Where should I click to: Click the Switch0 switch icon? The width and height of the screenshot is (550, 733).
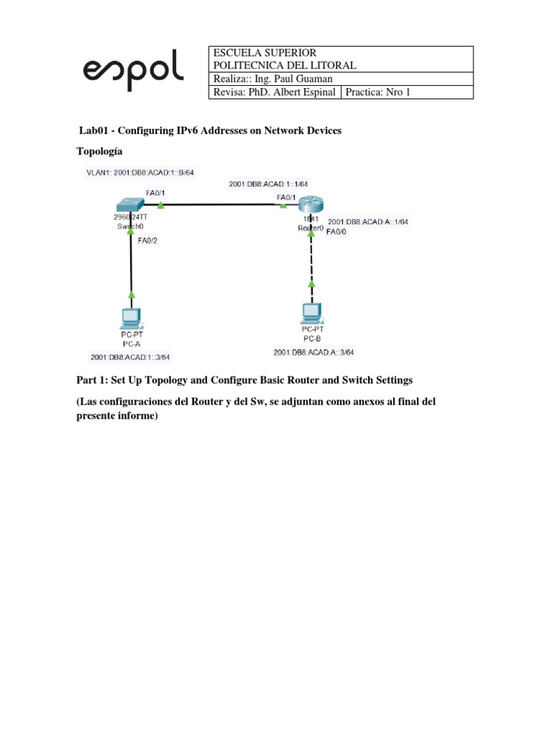point(131,204)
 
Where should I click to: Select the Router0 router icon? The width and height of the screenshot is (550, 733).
point(312,205)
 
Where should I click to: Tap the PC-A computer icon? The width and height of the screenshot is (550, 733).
point(131,316)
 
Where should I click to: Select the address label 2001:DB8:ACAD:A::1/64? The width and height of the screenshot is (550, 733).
point(367,222)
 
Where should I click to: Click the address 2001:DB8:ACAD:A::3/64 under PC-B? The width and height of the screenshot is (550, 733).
point(314,352)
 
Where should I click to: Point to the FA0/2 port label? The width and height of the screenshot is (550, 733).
point(147,241)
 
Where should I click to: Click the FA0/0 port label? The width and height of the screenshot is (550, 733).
point(337,232)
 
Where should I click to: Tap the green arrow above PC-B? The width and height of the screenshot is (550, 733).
point(312,284)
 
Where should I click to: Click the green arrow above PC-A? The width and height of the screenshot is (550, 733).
point(131,293)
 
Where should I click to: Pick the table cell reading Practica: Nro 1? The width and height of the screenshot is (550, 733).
point(377,92)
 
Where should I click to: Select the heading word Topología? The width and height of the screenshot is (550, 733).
point(100,152)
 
